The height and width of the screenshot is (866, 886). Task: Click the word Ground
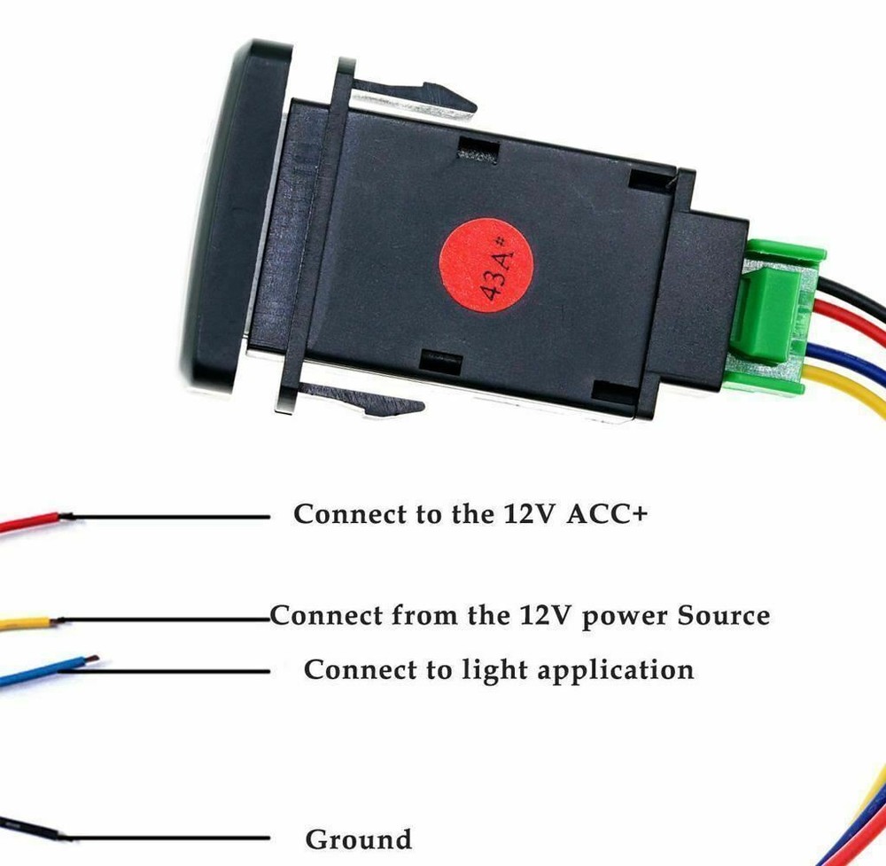pyautogui.click(x=358, y=839)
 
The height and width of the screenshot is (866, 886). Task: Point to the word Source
pyautogui.click(x=724, y=614)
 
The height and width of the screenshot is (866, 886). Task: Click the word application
pyautogui.click(x=616, y=670)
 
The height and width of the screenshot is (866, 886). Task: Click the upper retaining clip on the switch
pyautogui.click(x=416, y=96)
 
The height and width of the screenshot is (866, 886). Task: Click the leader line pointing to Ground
pyautogui.click(x=168, y=837)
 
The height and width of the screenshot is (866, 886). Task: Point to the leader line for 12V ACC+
pyautogui.click(x=168, y=516)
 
